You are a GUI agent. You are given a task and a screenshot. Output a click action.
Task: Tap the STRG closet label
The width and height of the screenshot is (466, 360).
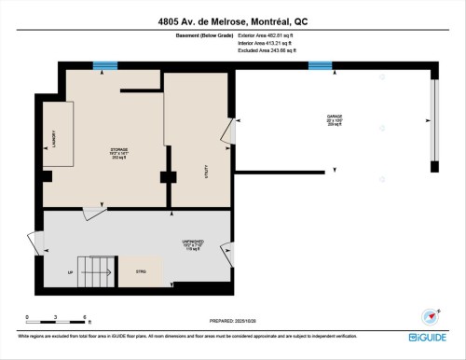coord(143,272)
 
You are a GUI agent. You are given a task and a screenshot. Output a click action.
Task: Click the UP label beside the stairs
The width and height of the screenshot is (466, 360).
coord(70,272)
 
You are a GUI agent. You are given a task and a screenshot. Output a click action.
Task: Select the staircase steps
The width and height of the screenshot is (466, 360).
coord(98,272)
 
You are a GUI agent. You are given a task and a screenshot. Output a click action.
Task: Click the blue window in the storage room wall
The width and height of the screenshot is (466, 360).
coord(105,65)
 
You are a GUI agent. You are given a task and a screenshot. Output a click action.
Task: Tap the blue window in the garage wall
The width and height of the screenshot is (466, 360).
coord(320,65)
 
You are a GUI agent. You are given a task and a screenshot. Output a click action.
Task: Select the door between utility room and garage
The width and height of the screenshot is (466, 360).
coord(228,133)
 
